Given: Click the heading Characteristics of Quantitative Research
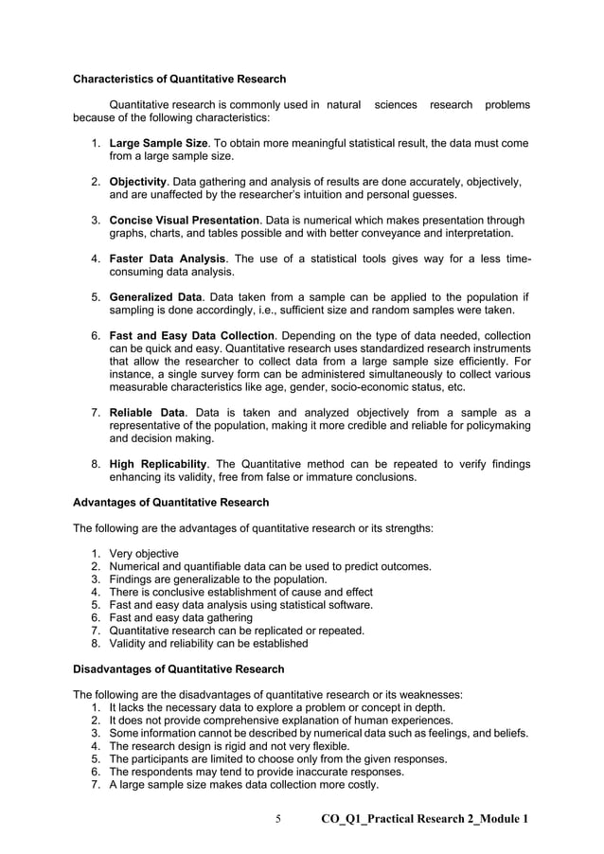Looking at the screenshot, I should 180,79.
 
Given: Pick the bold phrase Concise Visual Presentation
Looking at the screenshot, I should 185,221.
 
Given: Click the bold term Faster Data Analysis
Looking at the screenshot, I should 168,258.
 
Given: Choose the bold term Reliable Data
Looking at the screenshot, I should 147,413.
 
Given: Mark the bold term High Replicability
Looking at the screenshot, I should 158,464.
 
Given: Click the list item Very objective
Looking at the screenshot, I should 144,554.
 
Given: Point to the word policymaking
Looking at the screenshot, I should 494,425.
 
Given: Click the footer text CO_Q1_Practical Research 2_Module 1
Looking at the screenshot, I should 425,819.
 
